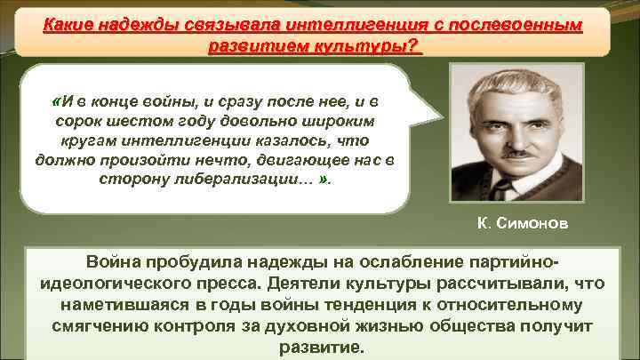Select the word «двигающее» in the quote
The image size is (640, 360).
tap(293, 159)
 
